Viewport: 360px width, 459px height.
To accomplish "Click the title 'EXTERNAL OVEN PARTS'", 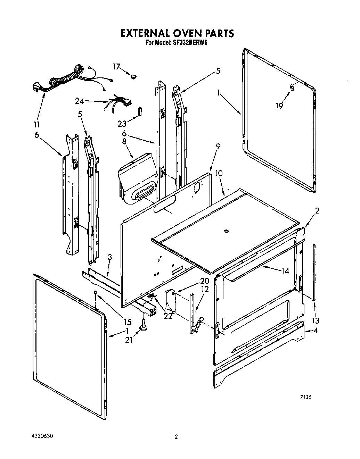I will point(177,33).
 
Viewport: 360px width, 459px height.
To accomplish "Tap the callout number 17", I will point(116,66).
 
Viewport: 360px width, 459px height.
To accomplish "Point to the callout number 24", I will point(80,101).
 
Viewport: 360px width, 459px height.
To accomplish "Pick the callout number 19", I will point(279,106).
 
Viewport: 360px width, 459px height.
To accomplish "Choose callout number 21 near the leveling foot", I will point(129,341).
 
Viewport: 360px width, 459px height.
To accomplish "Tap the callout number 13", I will point(316,320).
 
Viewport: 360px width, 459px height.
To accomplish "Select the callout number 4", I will point(315,331).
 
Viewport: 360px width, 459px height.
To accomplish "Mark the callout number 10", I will point(219,173).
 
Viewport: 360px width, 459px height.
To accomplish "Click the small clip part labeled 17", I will point(133,75).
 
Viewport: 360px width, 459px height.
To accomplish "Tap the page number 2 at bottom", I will point(176,437).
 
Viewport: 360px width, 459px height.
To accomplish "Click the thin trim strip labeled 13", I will point(314,271).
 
